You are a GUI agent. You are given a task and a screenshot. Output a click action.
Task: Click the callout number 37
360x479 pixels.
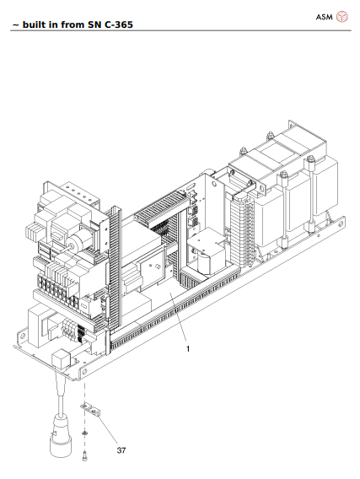(121, 450)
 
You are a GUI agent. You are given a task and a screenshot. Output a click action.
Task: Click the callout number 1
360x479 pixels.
(187, 347)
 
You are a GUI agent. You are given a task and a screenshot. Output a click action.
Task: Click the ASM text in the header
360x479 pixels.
(325, 16)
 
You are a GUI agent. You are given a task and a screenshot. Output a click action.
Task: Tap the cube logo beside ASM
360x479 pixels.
(342, 16)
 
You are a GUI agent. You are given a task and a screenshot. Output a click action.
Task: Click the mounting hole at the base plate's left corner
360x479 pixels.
(18, 345)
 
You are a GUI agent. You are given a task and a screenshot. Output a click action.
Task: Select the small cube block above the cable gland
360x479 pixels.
(62, 358)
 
